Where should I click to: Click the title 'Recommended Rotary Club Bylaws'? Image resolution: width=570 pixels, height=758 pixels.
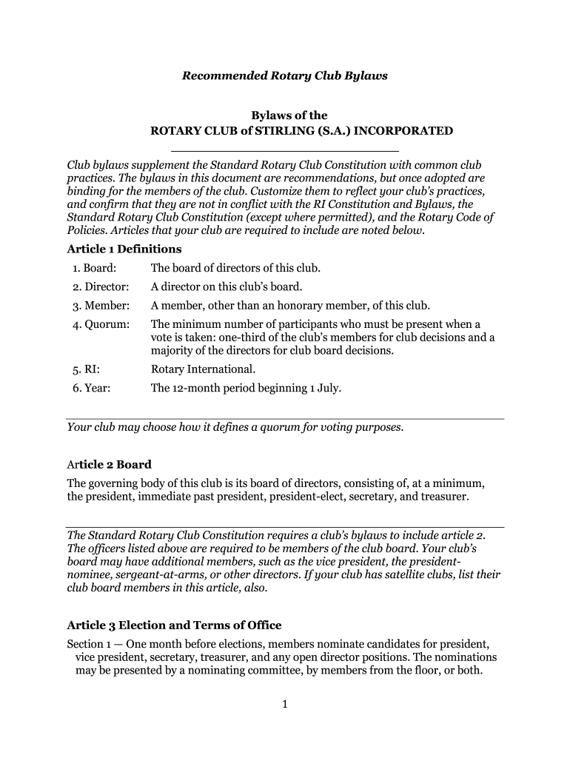click(286, 76)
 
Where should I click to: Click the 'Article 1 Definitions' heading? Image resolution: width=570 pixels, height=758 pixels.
click(124, 249)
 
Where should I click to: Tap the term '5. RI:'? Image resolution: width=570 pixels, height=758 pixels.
click(86, 369)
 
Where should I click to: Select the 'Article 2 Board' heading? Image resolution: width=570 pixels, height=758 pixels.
click(109, 465)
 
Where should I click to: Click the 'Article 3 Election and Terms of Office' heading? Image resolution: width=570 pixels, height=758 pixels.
click(174, 625)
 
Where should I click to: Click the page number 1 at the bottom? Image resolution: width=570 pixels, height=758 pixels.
click(284, 704)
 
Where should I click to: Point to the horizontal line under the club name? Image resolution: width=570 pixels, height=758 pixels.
click(284, 152)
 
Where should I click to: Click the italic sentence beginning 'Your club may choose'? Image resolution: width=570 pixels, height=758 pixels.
click(235, 427)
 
